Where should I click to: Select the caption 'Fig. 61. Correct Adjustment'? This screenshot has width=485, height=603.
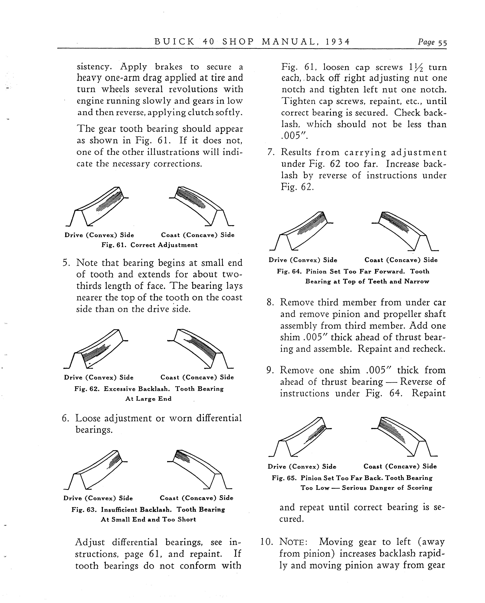[150, 245]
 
